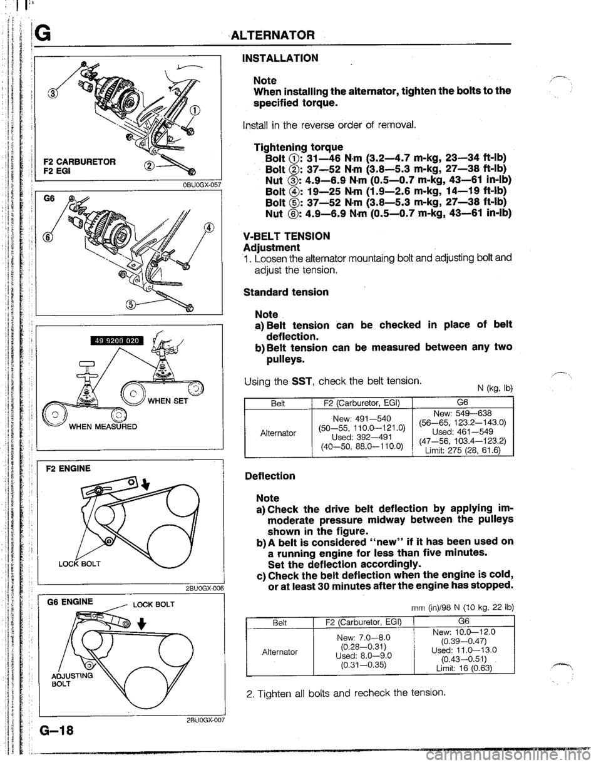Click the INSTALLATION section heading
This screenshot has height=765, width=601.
[x=280, y=58]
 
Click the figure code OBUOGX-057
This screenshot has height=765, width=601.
[x=200, y=185]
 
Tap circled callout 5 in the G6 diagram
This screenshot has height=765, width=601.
[x=130, y=305]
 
